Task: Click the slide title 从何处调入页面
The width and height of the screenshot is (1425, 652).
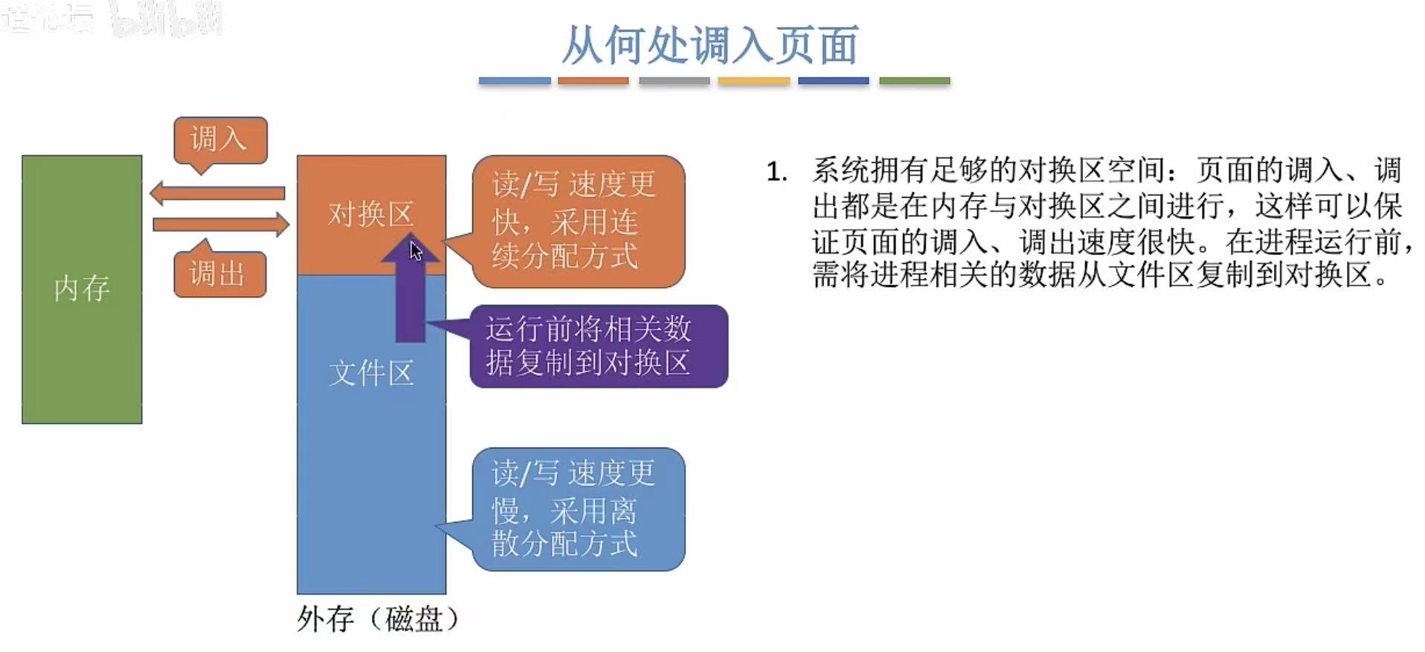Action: coord(710,45)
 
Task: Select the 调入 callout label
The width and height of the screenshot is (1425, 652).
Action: coord(219,140)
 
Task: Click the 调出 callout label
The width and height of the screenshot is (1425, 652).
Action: coord(219,274)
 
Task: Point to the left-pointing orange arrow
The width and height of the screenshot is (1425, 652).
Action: coord(217,193)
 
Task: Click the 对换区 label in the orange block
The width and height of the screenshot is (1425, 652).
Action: coord(370,214)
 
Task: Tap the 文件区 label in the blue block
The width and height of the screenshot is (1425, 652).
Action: coord(370,373)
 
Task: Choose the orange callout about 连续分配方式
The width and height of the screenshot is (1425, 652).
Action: coord(577,221)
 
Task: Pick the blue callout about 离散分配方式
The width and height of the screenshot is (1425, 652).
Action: coord(577,509)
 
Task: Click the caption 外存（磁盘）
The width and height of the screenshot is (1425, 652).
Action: coord(378,619)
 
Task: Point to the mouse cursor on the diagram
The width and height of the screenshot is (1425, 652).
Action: coord(415,251)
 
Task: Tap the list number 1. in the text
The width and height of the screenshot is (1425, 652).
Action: coord(776,172)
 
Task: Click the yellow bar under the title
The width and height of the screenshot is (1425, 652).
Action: coord(753,80)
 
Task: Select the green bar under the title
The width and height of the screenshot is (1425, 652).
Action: coord(914,80)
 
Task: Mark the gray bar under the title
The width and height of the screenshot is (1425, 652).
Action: coord(674,80)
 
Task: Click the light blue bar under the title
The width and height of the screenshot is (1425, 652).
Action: coord(514,80)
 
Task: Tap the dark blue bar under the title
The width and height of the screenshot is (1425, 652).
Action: coord(833,80)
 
